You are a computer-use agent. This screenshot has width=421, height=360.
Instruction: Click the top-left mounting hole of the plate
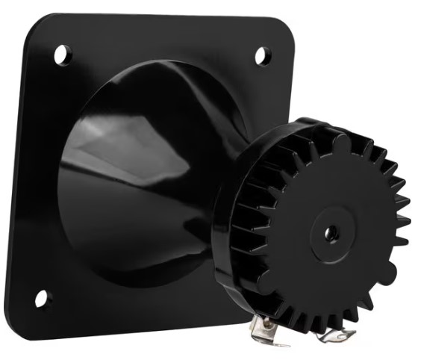(62, 54)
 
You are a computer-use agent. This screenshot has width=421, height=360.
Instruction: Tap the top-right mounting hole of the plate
(263, 55)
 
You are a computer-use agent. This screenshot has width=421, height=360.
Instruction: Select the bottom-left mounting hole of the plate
(42, 299)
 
